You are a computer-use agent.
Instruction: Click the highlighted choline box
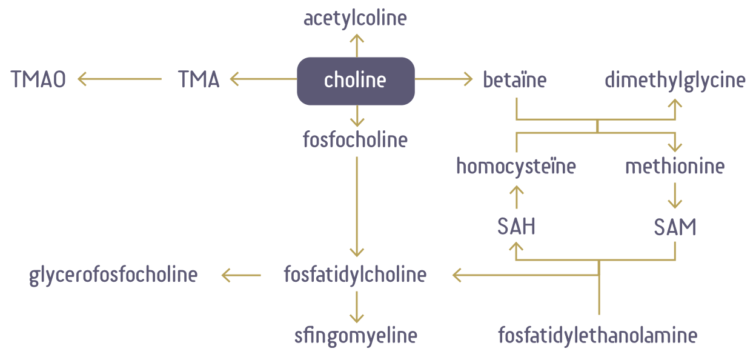356,80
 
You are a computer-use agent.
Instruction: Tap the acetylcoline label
355,18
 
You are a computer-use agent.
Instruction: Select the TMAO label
38,79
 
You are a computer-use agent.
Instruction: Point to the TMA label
199,79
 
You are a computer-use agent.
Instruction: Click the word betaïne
515,79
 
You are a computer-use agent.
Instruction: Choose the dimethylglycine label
675,80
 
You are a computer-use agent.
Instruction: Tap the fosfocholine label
355,140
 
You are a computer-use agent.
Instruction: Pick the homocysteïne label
516,166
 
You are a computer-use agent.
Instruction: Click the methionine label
675,166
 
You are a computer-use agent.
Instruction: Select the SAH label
516,227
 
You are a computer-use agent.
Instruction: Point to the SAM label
675,227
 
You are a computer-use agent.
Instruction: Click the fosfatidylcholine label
355,275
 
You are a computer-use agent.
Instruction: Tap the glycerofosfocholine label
113,275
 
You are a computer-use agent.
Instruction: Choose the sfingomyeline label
356,335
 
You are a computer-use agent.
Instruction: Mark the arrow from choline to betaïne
443,78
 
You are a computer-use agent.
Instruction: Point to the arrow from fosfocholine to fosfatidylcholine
356,206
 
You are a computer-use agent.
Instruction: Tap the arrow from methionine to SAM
675,196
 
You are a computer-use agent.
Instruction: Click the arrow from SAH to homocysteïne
516,196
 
